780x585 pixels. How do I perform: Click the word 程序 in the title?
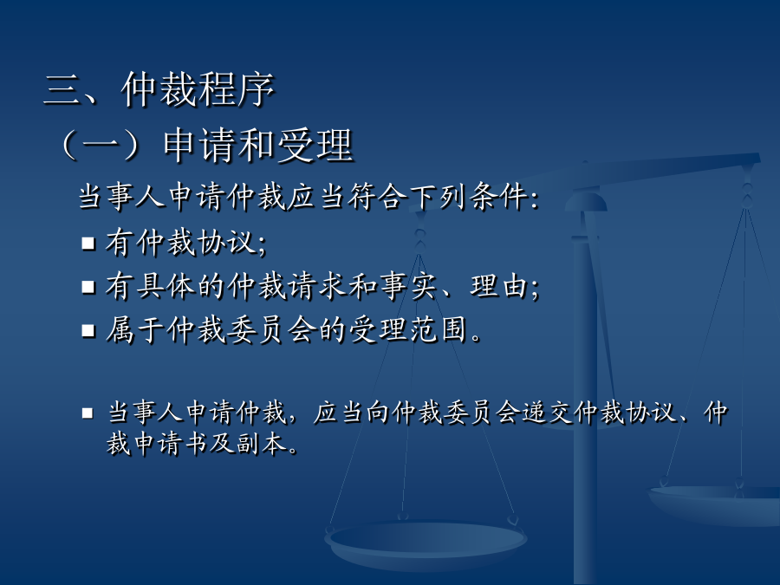pos(237,89)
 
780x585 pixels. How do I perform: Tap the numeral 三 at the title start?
pos(63,90)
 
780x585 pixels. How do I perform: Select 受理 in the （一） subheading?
pos(315,146)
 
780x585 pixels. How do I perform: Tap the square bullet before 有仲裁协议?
pos(88,244)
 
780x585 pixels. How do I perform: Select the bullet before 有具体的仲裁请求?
pos(88,287)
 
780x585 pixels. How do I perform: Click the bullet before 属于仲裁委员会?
pos(88,331)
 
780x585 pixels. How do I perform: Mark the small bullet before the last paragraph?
pos(88,413)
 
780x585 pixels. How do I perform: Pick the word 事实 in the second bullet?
pos(408,287)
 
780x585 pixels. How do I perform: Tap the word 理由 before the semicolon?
pos(499,287)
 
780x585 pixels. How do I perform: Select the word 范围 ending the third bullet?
pos(439,330)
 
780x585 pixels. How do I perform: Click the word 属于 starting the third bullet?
pos(135,330)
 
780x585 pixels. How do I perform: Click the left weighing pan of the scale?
pos(426,543)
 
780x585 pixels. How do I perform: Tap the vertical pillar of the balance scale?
pos(585,398)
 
